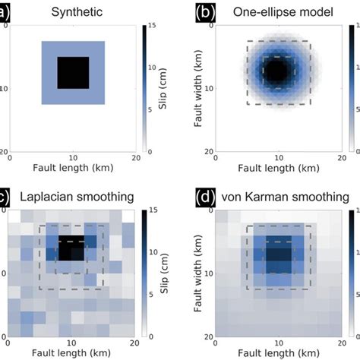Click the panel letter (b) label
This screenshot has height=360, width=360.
click(204, 12)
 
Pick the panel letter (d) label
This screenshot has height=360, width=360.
click(204, 197)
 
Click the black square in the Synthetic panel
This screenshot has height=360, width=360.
click(73, 73)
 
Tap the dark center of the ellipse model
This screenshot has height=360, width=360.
click(279, 73)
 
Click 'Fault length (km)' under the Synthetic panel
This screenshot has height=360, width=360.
click(73, 168)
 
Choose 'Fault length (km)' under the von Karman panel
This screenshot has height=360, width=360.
click(279, 352)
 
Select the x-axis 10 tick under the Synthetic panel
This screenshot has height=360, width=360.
click(73, 157)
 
